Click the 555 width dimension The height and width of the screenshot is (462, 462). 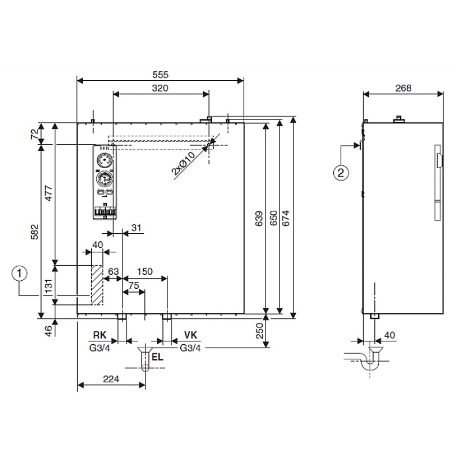coord(161,74)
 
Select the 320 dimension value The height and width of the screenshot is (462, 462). coord(161,88)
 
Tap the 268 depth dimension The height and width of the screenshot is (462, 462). coord(403,88)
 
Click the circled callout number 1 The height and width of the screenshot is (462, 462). coord(21,272)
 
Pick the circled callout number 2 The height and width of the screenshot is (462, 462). coord(341,172)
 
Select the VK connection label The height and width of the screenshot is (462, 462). coord(191,335)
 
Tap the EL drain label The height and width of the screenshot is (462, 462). coord(157,356)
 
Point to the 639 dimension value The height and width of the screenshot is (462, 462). coord(258,218)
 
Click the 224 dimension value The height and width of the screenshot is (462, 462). coord(110,379)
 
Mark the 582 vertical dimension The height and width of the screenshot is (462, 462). coord(35,232)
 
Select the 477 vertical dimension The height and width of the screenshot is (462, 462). coord(49,193)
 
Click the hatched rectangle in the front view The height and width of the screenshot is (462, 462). coord(96,285)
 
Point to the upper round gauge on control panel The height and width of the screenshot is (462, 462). coord(105,160)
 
